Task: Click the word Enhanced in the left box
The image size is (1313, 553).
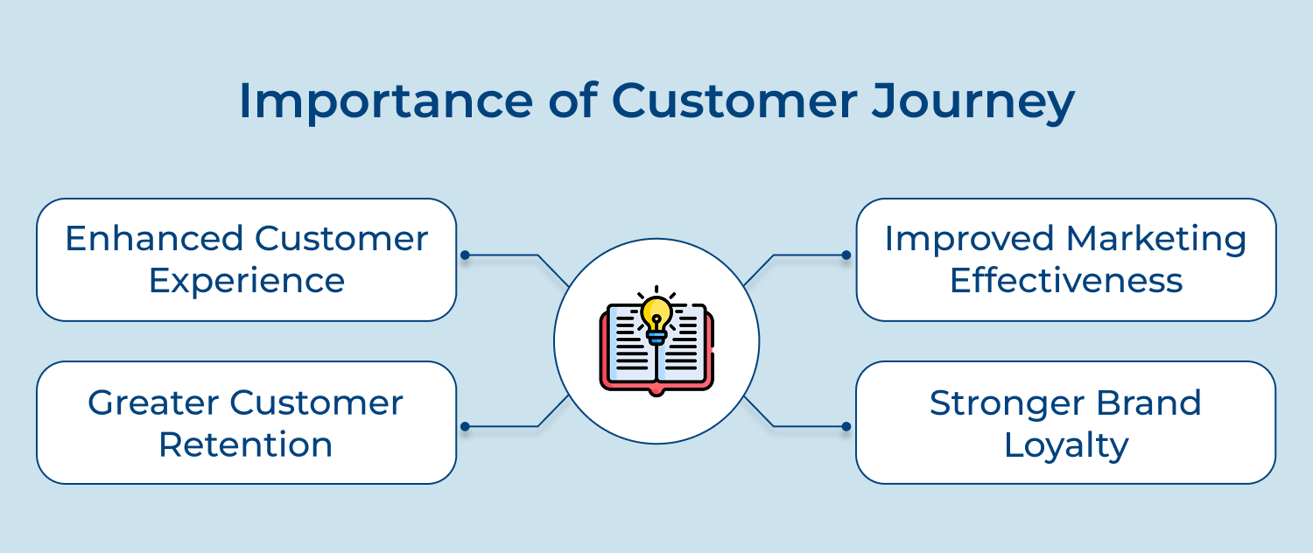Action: [x=154, y=239]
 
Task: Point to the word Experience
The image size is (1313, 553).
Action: [x=246, y=281]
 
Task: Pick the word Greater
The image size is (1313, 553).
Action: [x=153, y=402]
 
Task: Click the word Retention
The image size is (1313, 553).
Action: [x=246, y=444]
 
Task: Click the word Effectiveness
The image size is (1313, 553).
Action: [x=1066, y=281]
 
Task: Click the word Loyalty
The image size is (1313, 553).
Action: [x=1066, y=445]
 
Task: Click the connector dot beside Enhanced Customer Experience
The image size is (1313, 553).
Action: [x=465, y=255]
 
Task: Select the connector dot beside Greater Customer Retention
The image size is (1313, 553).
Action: [x=465, y=427]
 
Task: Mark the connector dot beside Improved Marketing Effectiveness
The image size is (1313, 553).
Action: [x=846, y=255]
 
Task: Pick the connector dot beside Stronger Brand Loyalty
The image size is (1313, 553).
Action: [x=846, y=427]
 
